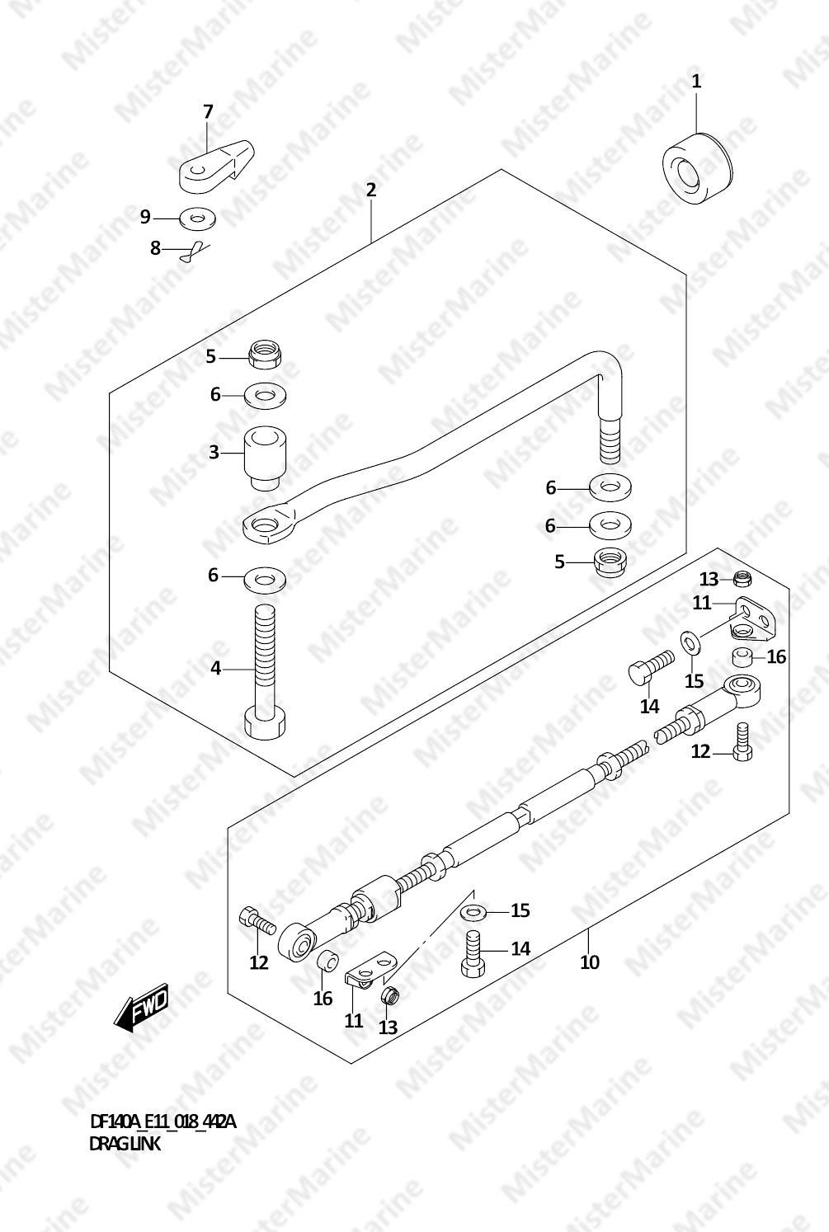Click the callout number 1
pyautogui.click(x=696, y=82)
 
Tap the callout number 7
pyautogui.click(x=208, y=112)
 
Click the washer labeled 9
pyautogui.click(x=197, y=219)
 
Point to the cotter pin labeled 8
pyautogui.click(x=195, y=253)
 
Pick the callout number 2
pyautogui.click(x=371, y=190)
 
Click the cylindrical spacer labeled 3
pyautogui.click(x=265, y=458)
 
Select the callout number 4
pyautogui.click(x=215, y=669)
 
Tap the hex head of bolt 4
pyautogui.click(x=265, y=724)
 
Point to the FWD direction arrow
pyautogui.click(x=141, y=1007)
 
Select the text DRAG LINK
pyautogui.click(x=125, y=1144)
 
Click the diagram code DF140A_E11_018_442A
pyautogui.click(x=163, y=1121)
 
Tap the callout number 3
pyautogui.click(x=214, y=453)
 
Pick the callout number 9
pyautogui.click(x=145, y=217)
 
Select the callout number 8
pyautogui.click(x=156, y=248)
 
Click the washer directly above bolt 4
pyautogui.click(x=265, y=581)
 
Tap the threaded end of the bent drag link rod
pyautogui.click(x=610, y=440)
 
